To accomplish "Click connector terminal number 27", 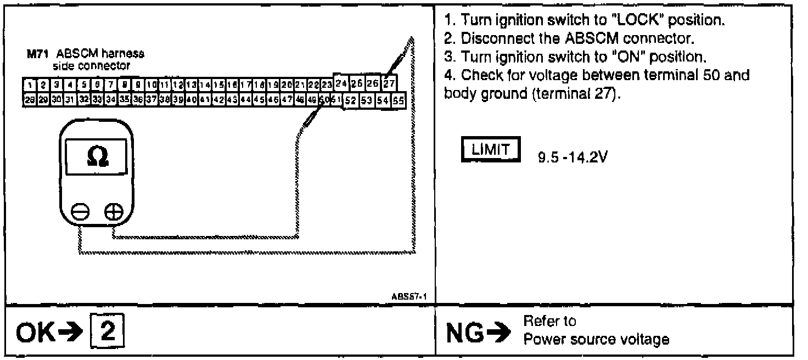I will (x=389, y=84).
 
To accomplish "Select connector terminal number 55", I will (x=398, y=100).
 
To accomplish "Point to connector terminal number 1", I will (x=27, y=85).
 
